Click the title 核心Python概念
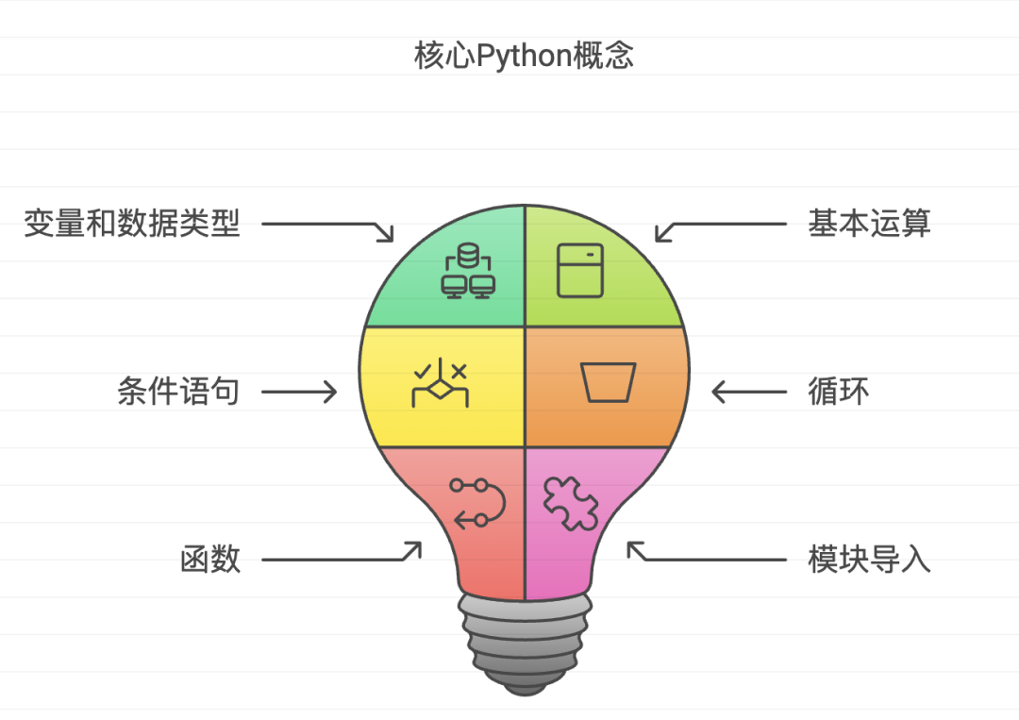coord(524,56)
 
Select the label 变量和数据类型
coord(132,224)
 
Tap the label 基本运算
coord(869,224)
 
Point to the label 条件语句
coord(178,391)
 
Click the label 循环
coord(838,391)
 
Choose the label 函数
coord(210,559)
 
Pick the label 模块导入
coord(869,559)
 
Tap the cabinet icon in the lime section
coord(579,271)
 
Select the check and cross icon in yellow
coord(441,385)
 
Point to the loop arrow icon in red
coord(477,502)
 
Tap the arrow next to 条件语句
coord(298,391)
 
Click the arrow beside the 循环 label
coord(749,391)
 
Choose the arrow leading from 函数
coord(340,557)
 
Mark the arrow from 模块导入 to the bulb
coord(708,557)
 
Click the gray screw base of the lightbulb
coord(524,646)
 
